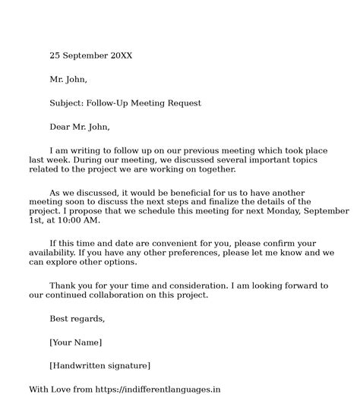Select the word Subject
pyautogui.click(x=68, y=102)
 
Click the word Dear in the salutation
pyautogui.click(x=61, y=127)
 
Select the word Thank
pyautogui.click(x=64, y=285)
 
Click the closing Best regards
pyautogui.click(x=77, y=319)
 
